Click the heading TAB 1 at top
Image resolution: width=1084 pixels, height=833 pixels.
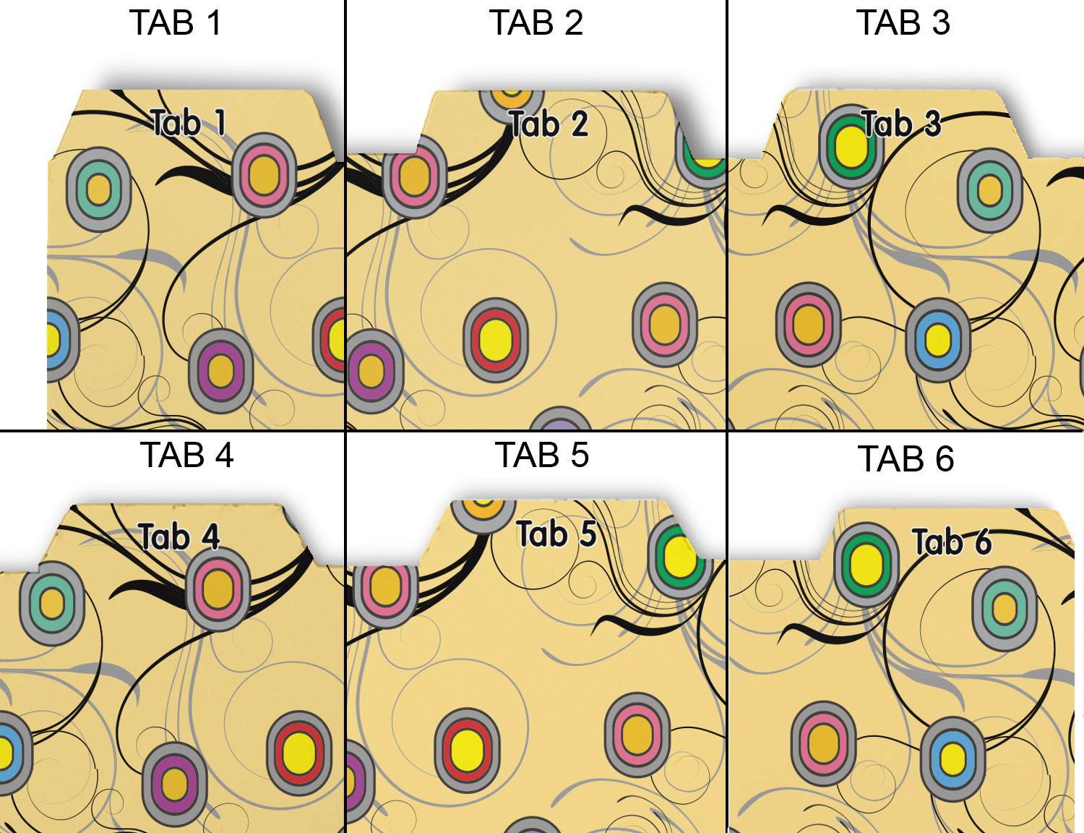[176, 23]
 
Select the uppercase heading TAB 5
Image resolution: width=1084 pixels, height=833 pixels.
[542, 456]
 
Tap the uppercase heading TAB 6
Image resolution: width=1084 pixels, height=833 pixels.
[906, 459]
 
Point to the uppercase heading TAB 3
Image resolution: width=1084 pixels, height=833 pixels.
[903, 23]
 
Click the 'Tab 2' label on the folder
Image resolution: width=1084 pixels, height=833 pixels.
[549, 124]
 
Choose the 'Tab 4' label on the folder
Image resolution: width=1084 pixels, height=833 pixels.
[179, 537]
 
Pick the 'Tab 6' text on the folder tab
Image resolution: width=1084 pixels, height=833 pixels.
[951, 542]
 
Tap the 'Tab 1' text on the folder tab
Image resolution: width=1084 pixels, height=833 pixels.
[189, 122]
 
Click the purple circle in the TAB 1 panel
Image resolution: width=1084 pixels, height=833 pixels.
[220, 372]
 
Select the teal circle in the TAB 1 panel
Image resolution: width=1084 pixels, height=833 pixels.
[98, 189]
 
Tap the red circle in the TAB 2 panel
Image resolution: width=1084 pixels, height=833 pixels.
[496, 341]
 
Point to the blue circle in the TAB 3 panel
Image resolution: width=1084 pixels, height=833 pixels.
[938, 340]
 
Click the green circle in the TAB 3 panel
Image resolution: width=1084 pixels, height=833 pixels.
[851, 146]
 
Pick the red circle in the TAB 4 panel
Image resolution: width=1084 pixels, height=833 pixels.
[299, 753]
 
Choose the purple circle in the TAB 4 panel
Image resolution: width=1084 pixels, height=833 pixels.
[174, 784]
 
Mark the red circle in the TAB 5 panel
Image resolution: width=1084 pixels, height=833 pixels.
[467, 751]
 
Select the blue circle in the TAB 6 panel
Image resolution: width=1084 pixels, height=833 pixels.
[952, 759]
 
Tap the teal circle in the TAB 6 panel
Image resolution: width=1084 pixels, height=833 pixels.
[1005, 608]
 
